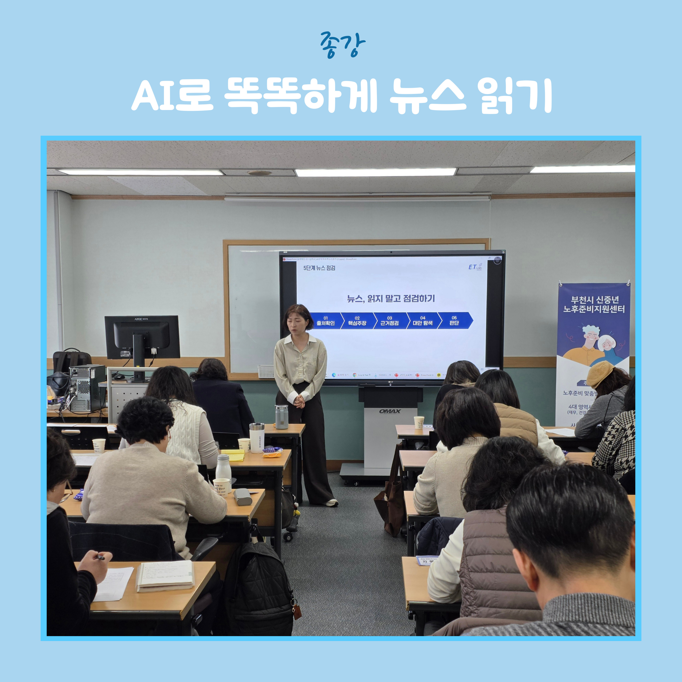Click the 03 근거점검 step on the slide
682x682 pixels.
pyautogui.click(x=389, y=321)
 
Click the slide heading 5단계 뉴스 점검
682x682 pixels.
pyautogui.click(x=319, y=268)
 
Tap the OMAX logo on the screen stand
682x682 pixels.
pyautogui.click(x=390, y=411)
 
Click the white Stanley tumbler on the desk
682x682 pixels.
pyautogui.click(x=257, y=438)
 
